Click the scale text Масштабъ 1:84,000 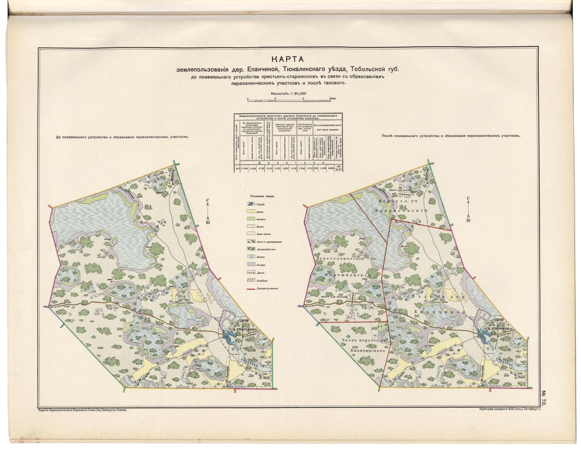(x=288, y=93)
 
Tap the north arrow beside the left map (x=208, y=211)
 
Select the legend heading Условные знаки (x=265, y=195)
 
